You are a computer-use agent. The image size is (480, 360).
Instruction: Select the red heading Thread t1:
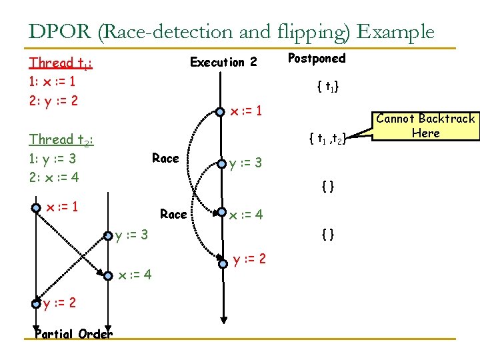coord(61,63)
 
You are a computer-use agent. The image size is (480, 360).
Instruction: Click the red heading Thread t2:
coord(61,140)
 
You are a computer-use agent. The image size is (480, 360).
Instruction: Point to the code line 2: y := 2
coord(53,101)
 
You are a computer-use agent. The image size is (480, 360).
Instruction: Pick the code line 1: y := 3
coord(53,159)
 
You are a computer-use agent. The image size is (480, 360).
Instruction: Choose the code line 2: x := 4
coord(53,178)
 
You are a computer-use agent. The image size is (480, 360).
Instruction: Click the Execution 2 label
coord(223,62)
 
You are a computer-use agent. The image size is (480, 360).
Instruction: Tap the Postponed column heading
coord(317,58)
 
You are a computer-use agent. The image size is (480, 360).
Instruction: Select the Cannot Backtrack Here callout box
coord(425,125)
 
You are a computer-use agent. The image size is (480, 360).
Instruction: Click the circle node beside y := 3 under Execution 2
coord(221,163)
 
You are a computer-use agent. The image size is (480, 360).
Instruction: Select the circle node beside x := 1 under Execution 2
coord(221,111)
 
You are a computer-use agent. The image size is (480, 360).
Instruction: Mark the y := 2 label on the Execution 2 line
coord(249,258)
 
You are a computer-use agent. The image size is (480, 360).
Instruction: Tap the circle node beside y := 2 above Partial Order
coord(36,304)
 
